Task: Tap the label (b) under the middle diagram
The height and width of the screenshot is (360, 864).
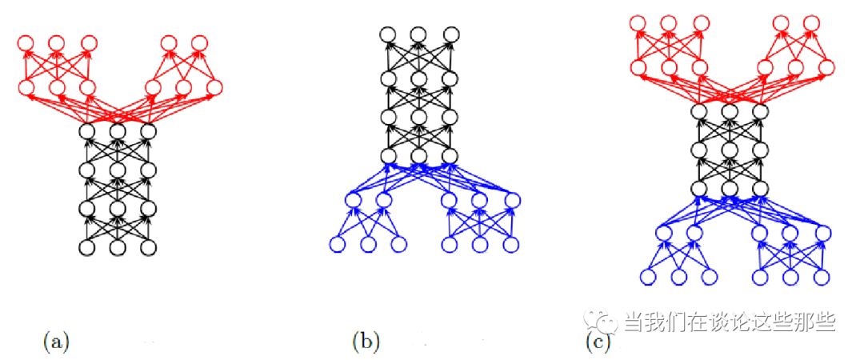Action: (x=365, y=342)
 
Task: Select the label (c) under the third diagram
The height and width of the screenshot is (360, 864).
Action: (x=598, y=342)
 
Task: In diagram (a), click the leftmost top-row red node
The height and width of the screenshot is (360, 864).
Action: (x=26, y=42)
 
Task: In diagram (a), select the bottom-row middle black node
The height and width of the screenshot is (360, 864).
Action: (x=117, y=247)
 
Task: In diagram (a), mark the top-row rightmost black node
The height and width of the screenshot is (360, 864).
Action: (x=147, y=131)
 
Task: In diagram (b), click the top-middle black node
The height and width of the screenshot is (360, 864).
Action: (x=418, y=34)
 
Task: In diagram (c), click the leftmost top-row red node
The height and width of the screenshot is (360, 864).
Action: (x=638, y=22)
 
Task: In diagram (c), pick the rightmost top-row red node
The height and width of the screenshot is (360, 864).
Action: (x=811, y=22)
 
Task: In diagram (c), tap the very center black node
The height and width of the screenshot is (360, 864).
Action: (x=730, y=150)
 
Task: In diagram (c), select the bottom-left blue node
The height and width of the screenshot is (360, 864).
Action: (x=648, y=277)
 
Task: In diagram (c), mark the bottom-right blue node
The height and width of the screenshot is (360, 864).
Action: (x=821, y=277)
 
